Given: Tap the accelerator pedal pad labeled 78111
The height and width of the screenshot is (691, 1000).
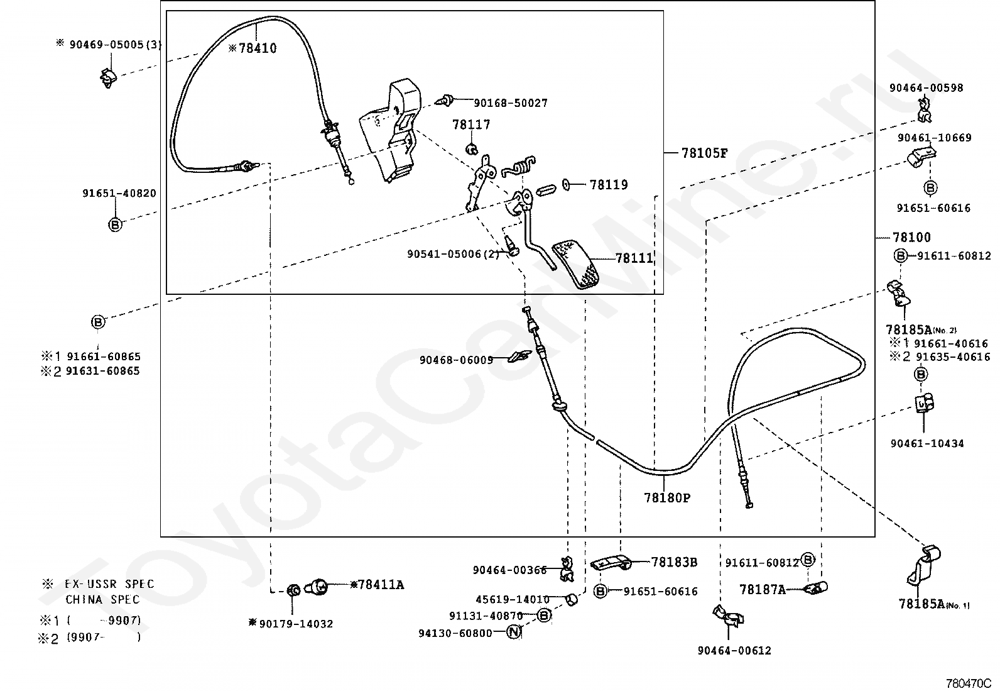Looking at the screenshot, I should (x=576, y=263).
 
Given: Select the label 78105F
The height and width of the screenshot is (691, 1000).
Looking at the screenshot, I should (x=704, y=153).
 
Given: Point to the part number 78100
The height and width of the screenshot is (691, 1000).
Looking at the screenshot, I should (x=911, y=238).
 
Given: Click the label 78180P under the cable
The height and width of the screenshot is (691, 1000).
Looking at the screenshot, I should (x=667, y=498).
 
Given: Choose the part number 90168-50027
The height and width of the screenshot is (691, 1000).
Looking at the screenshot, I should (x=510, y=103).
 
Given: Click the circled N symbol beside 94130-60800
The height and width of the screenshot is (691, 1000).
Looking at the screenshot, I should (x=514, y=633).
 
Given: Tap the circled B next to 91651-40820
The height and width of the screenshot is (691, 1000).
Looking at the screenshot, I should (x=115, y=224).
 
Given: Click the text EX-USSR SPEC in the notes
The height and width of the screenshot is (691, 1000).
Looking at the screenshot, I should (x=109, y=584).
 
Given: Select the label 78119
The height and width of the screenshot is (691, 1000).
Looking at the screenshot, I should (x=608, y=185).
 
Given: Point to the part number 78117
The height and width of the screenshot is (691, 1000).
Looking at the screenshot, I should (x=471, y=124).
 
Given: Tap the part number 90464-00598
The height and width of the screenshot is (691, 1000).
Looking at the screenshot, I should (x=926, y=88).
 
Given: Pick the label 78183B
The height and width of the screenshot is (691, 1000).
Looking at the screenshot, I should (x=674, y=562).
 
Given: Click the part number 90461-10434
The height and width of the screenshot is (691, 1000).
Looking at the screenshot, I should (x=927, y=443).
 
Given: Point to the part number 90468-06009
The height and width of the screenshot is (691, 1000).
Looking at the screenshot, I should (x=456, y=360).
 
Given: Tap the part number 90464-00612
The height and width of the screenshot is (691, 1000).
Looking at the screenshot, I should (x=734, y=651).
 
